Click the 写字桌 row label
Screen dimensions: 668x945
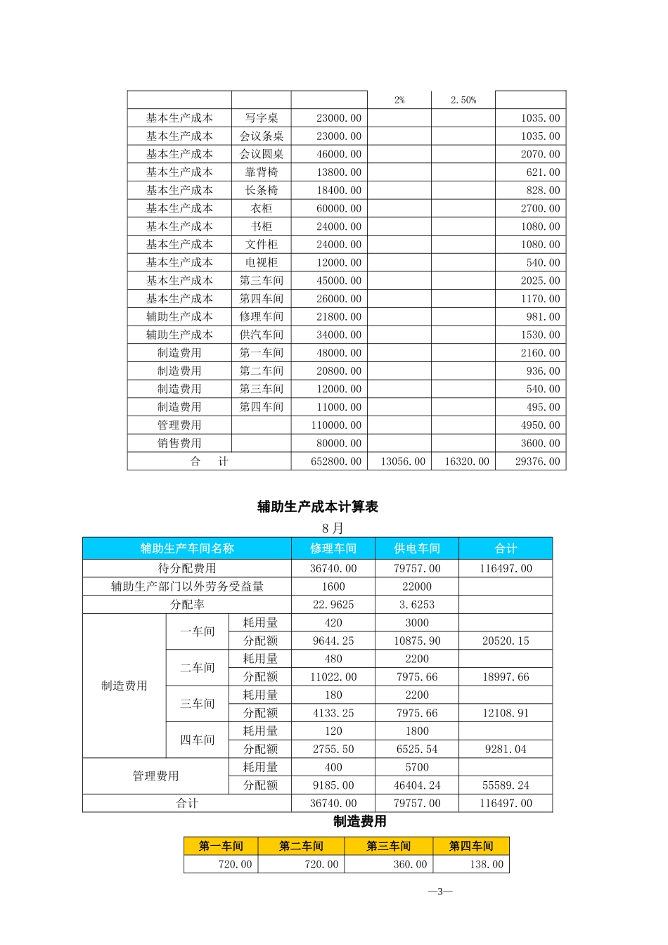click(262, 118)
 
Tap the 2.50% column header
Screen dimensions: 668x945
click(463, 101)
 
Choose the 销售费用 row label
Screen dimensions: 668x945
click(179, 444)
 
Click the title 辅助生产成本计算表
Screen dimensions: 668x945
click(318, 507)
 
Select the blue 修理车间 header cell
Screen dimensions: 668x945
click(333, 548)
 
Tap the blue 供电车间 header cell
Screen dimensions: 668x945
click(417, 548)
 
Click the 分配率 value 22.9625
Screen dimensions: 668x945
click(333, 605)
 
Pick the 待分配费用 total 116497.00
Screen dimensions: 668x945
click(506, 569)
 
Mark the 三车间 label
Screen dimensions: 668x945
click(198, 704)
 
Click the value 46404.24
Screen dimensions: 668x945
click(417, 785)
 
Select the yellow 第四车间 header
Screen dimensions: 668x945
click(471, 846)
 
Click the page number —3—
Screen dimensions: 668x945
click(440, 892)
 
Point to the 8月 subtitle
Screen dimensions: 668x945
click(333, 528)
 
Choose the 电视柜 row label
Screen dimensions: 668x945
click(262, 263)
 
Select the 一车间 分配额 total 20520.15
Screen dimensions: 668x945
click(506, 641)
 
